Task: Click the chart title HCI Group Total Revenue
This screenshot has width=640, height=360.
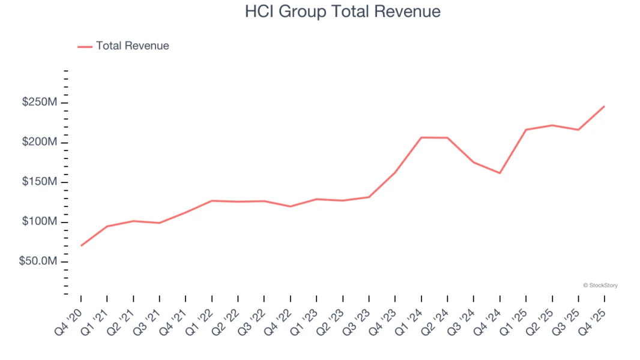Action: pyautogui.click(x=342, y=11)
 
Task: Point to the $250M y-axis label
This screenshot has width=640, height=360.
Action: pyautogui.click(x=40, y=103)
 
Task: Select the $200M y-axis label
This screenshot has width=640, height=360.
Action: pyautogui.click(x=40, y=142)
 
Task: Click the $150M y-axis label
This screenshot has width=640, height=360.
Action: pyautogui.click(x=40, y=182)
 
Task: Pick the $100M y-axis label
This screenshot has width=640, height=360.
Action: pyautogui.click(x=40, y=222)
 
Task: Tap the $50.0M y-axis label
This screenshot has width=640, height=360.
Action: pyautogui.click(x=38, y=262)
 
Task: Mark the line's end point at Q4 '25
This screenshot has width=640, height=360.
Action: pyautogui.click(x=604, y=106)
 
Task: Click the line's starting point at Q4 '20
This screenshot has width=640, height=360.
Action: pyautogui.click(x=81, y=245)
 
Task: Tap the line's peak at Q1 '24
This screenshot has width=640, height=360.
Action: pyautogui.click(x=421, y=137)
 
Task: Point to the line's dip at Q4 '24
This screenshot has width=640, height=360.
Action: pyautogui.click(x=500, y=173)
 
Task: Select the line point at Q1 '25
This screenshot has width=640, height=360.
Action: pyautogui.click(x=526, y=130)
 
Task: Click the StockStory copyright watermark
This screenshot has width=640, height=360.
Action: pyautogui.click(x=600, y=286)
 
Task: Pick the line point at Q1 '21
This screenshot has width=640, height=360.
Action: pyautogui.click(x=107, y=226)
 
